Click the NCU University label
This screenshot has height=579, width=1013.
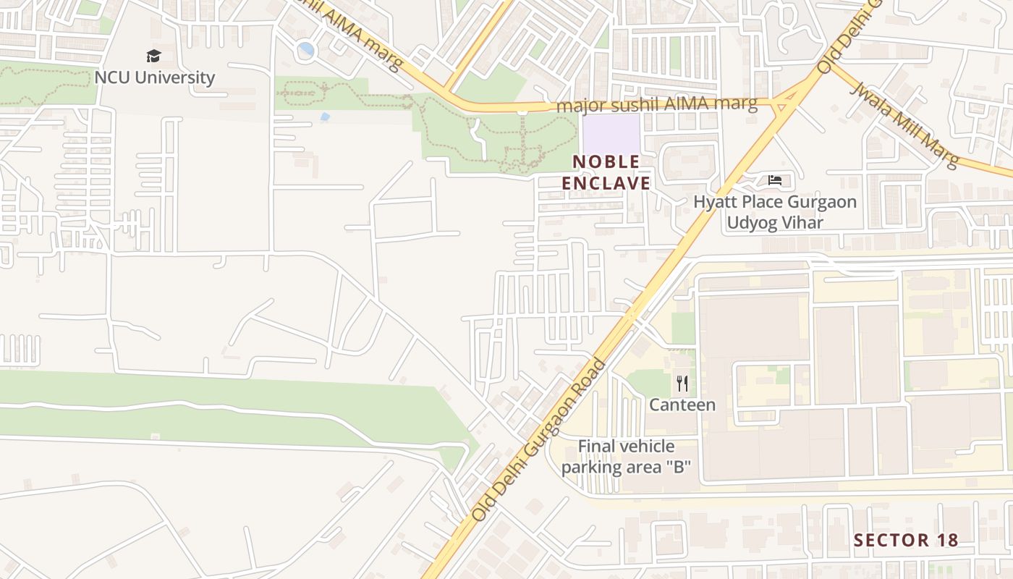[154, 77]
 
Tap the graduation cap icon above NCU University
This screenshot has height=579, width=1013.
[153, 56]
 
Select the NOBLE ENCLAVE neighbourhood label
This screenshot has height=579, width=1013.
[606, 172]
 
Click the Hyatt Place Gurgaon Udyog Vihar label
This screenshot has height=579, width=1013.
[775, 211]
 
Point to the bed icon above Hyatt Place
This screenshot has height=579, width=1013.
[775, 179]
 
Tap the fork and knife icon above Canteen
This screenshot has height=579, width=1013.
[682, 383]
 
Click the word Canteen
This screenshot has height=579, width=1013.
[682, 405]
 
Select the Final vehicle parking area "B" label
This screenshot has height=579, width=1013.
[627, 457]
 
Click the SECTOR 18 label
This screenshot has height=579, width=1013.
[906, 540]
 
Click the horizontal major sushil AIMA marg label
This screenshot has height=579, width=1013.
[656, 105]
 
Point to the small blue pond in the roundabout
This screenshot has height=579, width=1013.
[306, 49]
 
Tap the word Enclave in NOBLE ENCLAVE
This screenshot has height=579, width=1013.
[606, 183]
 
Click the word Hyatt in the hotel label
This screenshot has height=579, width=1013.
[716, 201]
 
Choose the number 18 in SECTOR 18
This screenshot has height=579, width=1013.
[946, 540]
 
